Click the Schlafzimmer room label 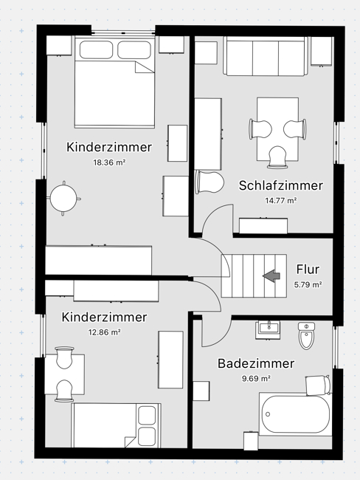tap(280, 185)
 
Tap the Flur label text tap(308, 270)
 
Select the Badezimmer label tap(256, 363)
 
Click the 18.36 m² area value tap(109, 162)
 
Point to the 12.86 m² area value tap(104, 332)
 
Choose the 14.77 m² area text tap(281, 201)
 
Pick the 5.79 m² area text tap(308, 284)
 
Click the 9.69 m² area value tap(256, 378)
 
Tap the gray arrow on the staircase tap(271, 275)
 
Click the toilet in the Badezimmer tap(306, 335)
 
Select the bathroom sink tap(268, 329)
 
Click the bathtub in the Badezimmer tap(296, 414)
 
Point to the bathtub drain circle tap(268, 414)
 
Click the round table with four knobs tap(63, 199)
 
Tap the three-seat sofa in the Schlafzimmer tap(266, 56)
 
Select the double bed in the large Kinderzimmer tap(114, 82)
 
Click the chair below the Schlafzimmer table tap(278, 157)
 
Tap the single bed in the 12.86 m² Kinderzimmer tap(117, 425)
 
